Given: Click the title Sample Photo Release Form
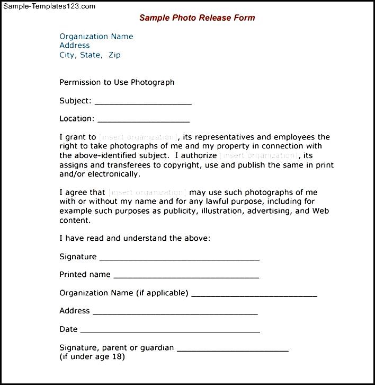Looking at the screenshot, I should (x=197, y=17).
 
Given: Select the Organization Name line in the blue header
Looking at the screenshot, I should (x=96, y=37).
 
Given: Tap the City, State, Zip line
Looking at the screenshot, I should (x=90, y=55).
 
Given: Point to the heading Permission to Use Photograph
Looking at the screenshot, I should (x=117, y=82).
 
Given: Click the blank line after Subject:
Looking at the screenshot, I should (x=142, y=102).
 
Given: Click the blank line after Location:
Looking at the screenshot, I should (x=144, y=120).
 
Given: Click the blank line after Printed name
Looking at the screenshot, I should (x=186, y=277).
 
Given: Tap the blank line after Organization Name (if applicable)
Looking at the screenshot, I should (x=254, y=295).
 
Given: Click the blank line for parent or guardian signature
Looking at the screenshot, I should (x=233, y=350).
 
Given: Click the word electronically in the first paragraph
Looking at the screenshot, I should (x=114, y=173).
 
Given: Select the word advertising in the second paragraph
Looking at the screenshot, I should (x=270, y=211).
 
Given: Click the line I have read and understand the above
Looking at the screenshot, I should (x=135, y=238).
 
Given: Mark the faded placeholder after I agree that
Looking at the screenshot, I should (x=147, y=192).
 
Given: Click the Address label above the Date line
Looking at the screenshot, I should (x=74, y=311).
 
